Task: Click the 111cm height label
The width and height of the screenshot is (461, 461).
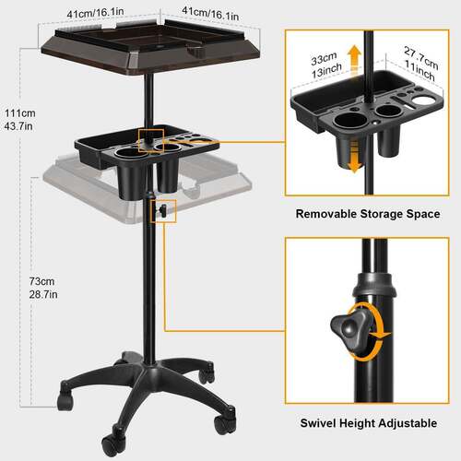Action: pyautogui.click(x=20, y=113)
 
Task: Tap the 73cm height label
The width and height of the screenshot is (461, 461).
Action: pyautogui.click(x=41, y=281)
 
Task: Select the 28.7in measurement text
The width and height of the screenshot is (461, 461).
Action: pyautogui.click(x=43, y=294)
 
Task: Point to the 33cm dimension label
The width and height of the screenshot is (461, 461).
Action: pyautogui.click(x=324, y=58)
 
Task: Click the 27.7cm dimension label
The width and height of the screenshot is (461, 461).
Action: pyautogui.click(x=421, y=58)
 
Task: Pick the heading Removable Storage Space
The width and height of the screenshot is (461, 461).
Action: pyautogui.click(x=368, y=214)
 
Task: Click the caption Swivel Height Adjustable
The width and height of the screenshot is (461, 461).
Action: pyautogui.click(x=369, y=423)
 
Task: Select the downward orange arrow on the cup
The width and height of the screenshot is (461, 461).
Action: pyautogui.click(x=354, y=157)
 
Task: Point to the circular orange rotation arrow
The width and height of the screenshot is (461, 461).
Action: pyautogui.click(x=375, y=332)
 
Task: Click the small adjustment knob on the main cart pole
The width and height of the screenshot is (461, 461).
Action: pyautogui.click(x=161, y=210)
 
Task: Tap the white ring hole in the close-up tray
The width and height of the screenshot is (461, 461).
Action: pyautogui.click(x=422, y=100)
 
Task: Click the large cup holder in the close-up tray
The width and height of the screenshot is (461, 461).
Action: pyautogui.click(x=349, y=120)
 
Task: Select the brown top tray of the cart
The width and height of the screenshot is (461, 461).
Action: pyautogui.click(x=150, y=49)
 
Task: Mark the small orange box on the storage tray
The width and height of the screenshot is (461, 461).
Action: pyautogui.click(x=151, y=141)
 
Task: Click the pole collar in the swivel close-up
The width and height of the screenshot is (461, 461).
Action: pyautogui.click(x=373, y=285)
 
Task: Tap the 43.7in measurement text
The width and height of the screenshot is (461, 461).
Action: pyautogui.click(x=18, y=126)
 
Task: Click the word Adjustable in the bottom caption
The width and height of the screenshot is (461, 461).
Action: pyautogui.click(x=408, y=423)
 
